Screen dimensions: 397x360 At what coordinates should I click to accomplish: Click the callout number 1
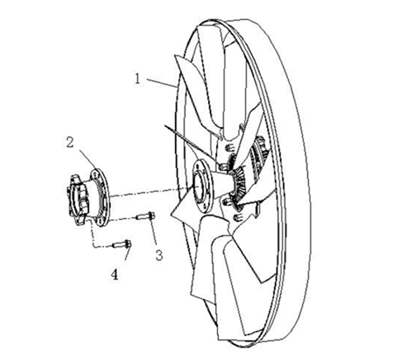(x=138, y=79)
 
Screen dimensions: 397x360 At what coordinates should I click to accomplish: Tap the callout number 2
(x=70, y=142)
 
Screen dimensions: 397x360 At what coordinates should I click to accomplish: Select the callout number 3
(x=159, y=255)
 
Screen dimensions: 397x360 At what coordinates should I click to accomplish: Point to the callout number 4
(x=115, y=274)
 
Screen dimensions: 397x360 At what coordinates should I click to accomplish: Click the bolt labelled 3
(x=145, y=216)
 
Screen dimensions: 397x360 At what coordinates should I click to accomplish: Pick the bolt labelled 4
(x=122, y=244)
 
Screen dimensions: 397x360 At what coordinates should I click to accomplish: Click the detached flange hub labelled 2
(x=88, y=197)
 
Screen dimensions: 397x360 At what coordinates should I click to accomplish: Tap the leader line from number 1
(x=162, y=83)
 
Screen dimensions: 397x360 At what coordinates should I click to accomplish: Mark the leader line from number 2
(x=87, y=158)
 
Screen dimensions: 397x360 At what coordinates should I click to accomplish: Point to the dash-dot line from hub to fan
(x=152, y=192)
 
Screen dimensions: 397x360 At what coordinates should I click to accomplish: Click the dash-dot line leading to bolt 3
(x=123, y=219)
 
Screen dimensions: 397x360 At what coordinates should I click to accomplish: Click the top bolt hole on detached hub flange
(x=95, y=174)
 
